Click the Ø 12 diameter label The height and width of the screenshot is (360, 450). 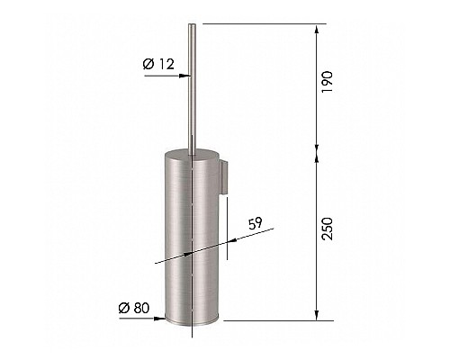tap(158, 64)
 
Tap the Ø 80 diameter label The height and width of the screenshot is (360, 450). tap(134, 308)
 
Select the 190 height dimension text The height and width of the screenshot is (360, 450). tap(327, 82)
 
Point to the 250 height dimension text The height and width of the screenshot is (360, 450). tap(327, 229)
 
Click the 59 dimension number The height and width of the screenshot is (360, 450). tap(256, 223)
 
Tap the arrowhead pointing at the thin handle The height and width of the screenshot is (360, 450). tap(184, 76)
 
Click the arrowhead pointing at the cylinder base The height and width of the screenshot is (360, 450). tap(159, 319)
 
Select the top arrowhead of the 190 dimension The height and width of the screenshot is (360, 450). tap(316, 31)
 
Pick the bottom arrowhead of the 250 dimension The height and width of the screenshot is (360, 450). tap(316, 315)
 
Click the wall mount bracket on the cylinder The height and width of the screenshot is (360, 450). tap(225, 176)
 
